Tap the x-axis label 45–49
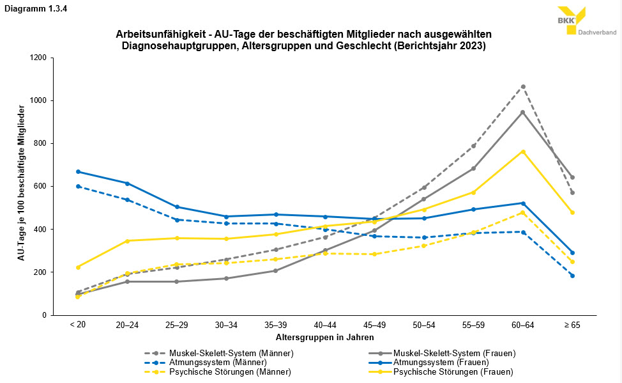pyautogui.click(x=374, y=325)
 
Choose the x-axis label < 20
pyautogui.click(x=77, y=325)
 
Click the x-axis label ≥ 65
pyautogui.click(x=572, y=325)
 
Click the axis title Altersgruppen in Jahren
pyautogui.click(x=324, y=337)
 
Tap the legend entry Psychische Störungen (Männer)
pyautogui.click(x=230, y=372)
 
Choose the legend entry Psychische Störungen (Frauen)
pyautogui.click(x=453, y=372)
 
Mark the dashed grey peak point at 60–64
pyautogui.click(x=523, y=86)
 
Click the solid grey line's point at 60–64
pyautogui.click(x=523, y=113)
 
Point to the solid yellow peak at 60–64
pyautogui.click(x=523, y=152)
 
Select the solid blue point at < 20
pyautogui.click(x=77, y=171)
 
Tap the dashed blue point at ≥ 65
pyautogui.click(x=572, y=276)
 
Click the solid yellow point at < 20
pyautogui.click(x=77, y=267)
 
